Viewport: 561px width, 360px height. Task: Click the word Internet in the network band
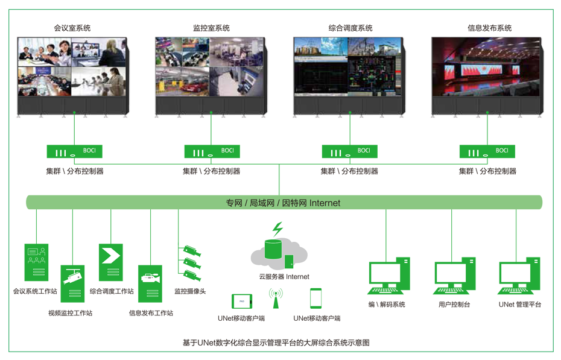(x=325, y=203)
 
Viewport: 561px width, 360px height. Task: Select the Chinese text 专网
(x=233, y=203)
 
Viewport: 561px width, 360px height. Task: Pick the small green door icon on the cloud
(x=290, y=262)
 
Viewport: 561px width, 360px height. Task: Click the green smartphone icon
(x=316, y=298)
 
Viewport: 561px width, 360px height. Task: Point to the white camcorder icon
(x=151, y=278)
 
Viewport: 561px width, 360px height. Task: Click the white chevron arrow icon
(x=111, y=256)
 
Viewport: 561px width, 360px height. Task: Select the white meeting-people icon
(x=36, y=255)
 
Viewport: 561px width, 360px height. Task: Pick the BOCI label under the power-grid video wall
(x=364, y=151)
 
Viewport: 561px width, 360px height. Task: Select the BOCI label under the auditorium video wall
(x=501, y=151)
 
